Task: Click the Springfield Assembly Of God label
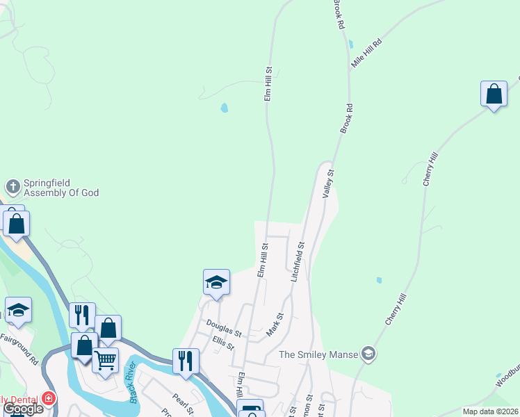(61, 188)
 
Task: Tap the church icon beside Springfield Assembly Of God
(13, 187)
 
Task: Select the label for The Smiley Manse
(318, 354)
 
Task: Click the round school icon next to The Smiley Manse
(368, 354)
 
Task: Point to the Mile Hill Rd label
(367, 53)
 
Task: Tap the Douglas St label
(223, 328)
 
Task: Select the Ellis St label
(223, 343)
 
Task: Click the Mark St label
(275, 325)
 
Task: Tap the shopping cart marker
(105, 360)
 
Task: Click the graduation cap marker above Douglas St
(216, 283)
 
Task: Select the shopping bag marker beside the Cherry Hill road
(494, 95)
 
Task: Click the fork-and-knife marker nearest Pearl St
(186, 361)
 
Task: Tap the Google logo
(22, 409)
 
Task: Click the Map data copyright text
(491, 411)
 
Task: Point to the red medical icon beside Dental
(48, 399)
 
